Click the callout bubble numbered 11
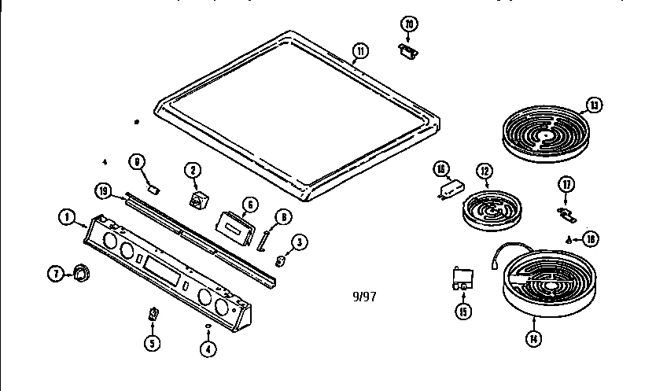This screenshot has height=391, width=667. pos(359,53)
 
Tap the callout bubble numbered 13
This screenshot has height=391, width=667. pos(593,105)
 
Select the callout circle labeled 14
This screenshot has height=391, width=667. pos(533,340)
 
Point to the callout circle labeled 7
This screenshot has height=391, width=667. pos(55,274)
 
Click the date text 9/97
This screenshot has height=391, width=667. pos(364,297)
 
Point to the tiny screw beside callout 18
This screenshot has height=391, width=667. pos(569,238)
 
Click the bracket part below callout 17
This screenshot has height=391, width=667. pos(564,213)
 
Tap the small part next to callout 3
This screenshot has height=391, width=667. pos(280,259)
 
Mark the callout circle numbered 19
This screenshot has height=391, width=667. pos(102,190)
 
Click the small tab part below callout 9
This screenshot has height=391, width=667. pos(155,188)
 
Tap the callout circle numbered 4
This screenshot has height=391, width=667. pos(207,350)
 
